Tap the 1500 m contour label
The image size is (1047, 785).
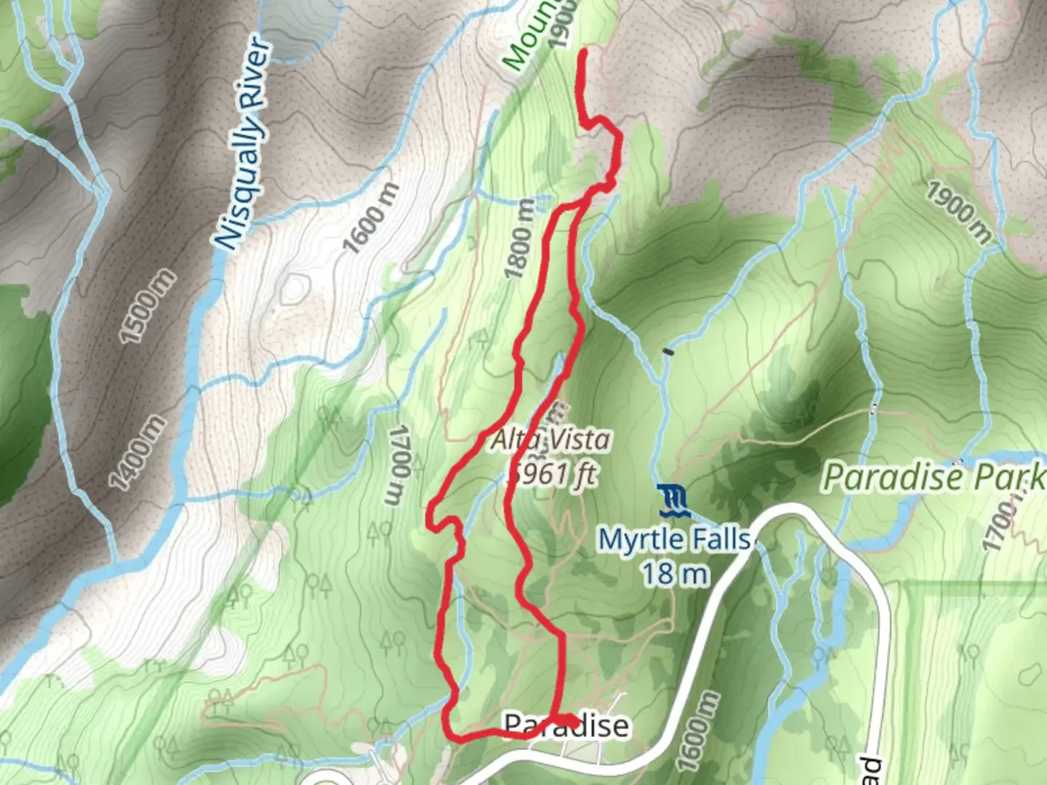[147, 306]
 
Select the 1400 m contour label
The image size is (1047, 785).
[137, 452]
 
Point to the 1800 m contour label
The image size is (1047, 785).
[520, 239]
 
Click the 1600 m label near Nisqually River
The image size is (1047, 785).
[371, 218]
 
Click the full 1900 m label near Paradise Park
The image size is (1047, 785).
[959, 211]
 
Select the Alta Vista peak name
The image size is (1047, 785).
[550, 439]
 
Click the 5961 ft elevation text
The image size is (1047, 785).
[553, 474]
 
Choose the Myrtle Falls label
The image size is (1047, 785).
[674, 539]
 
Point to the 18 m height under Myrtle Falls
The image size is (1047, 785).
[674, 574]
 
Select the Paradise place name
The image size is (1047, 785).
[566, 725]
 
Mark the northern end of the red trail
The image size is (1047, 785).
[583, 52]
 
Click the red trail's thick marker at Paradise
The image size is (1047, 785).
[566, 720]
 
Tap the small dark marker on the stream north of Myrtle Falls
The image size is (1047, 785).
[668, 353]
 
